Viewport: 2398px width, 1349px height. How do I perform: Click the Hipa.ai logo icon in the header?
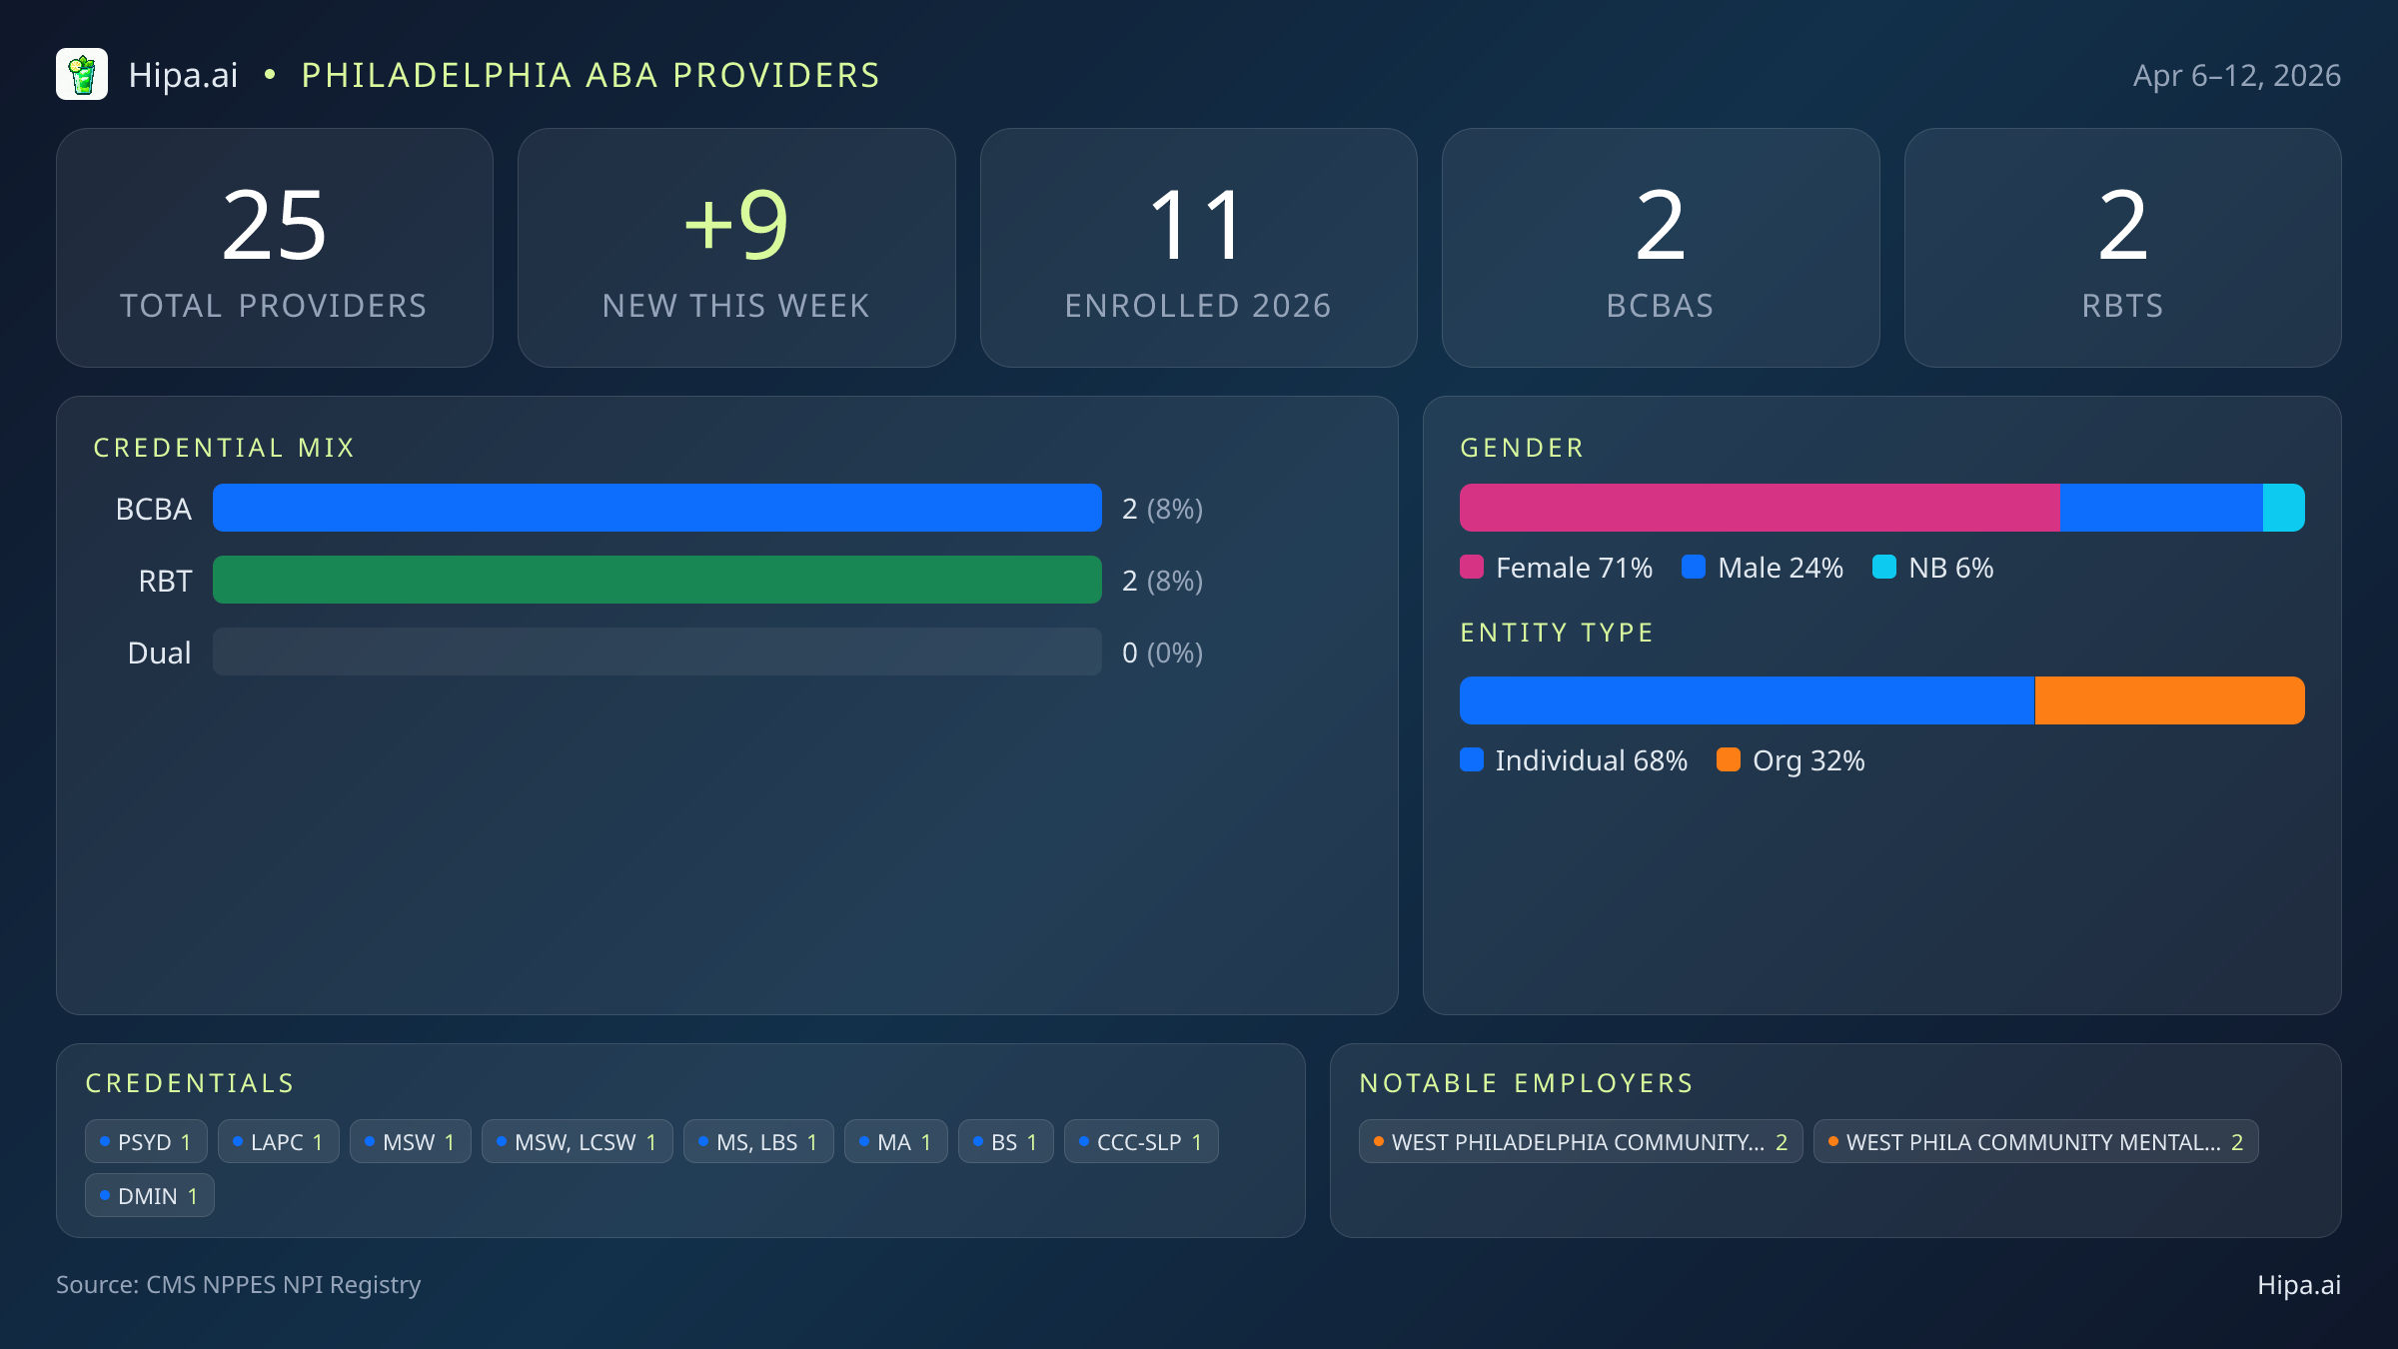[x=82, y=75]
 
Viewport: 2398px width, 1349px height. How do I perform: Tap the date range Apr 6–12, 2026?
[x=2236, y=76]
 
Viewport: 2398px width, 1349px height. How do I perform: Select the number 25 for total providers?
[x=274, y=227]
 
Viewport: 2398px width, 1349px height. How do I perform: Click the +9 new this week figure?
[x=736, y=227]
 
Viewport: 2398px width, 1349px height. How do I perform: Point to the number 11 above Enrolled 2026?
[x=1197, y=227]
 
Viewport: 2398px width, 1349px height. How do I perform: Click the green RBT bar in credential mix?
[x=656, y=580]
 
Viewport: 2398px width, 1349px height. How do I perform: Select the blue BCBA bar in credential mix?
[x=656, y=508]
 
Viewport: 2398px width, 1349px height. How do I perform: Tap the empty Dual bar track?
[x=656, y=652]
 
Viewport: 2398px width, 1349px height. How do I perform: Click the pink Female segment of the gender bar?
[x=1759, y=508]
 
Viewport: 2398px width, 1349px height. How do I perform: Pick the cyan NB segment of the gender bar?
[x=2283, y=508]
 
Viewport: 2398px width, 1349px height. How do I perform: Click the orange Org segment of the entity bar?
[x=2169, y=700]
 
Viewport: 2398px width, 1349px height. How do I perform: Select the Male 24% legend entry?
[x=1764, y=568]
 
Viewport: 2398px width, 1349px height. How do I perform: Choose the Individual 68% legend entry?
[x=1575, y=760]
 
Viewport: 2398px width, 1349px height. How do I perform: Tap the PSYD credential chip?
[x=146, y=1141]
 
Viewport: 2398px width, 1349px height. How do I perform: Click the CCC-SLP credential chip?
[x=1140, y=1141]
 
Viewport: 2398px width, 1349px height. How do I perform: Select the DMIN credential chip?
[x=149, y=1195]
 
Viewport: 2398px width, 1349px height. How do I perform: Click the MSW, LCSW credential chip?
[x=577, y=1141]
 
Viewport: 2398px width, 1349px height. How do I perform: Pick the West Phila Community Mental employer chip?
[x=2035, y=1141]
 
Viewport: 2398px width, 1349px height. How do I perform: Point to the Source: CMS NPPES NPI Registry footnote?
[x=238, y=1284]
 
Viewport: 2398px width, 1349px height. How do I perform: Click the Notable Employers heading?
[x=1526, y=1083]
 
